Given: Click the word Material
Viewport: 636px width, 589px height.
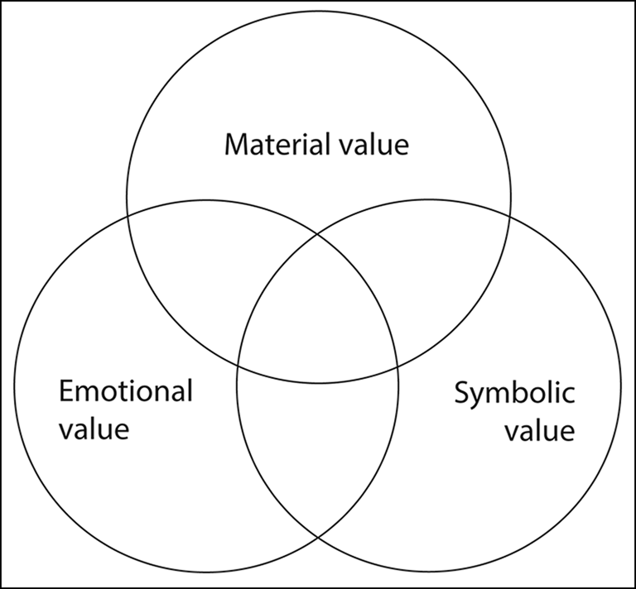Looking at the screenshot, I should coord(275,145).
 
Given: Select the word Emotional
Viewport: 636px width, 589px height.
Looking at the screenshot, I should coord(126,390).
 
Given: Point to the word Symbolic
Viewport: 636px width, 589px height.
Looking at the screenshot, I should coord(513,392).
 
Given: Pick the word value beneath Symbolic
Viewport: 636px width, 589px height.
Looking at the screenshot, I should coord(541,431).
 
